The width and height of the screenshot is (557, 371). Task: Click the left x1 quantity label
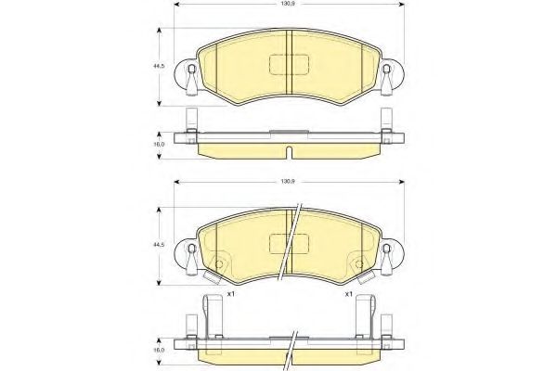(x=231, y=294)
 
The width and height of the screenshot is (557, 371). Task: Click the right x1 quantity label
(x=348, y=294)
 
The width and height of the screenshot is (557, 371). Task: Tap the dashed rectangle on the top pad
(x=289, y=65)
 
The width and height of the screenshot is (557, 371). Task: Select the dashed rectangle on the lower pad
(x=289, y=244)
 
